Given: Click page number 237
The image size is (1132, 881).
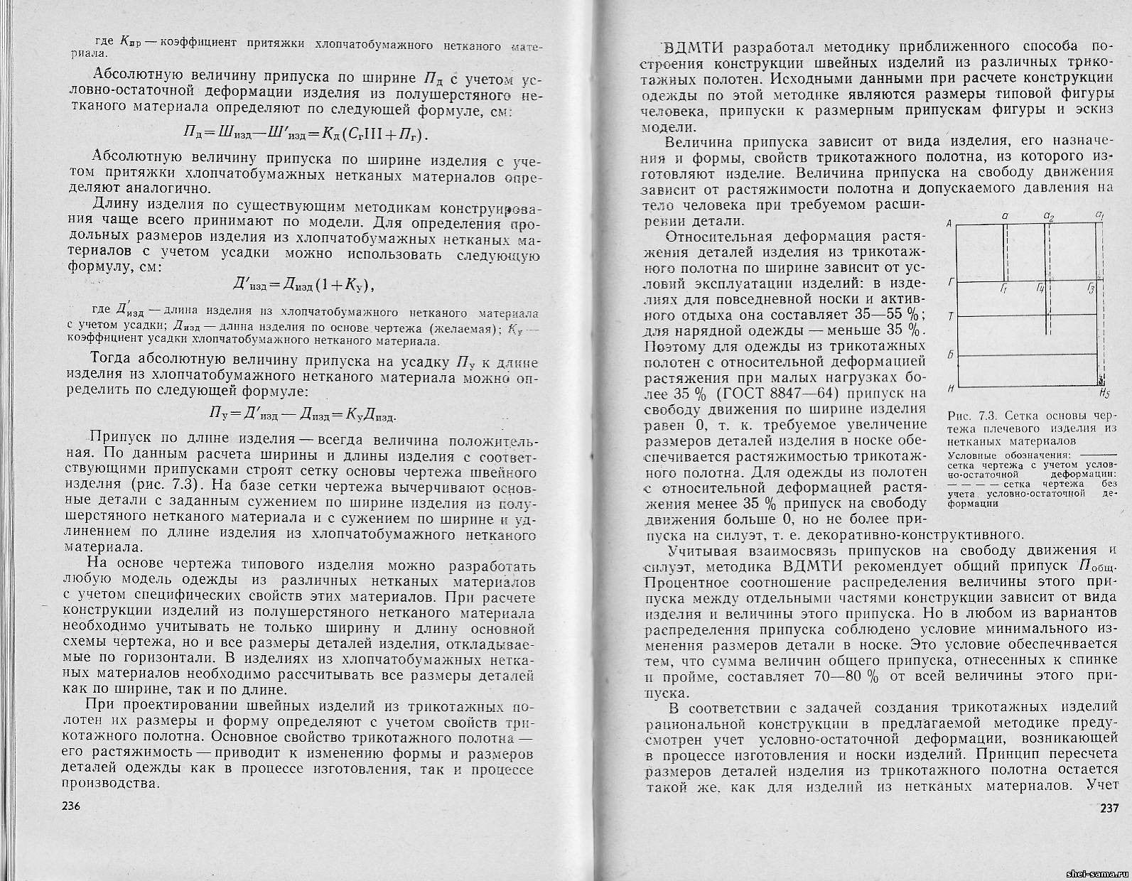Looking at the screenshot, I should pos(1109,808).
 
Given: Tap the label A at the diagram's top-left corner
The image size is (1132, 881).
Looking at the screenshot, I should pos(949,224).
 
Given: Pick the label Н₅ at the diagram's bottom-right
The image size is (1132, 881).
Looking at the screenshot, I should pos(1104,393).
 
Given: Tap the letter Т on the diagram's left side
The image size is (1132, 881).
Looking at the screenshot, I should pos(950,315).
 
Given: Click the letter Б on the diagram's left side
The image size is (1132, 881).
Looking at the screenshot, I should pos(950,354).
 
